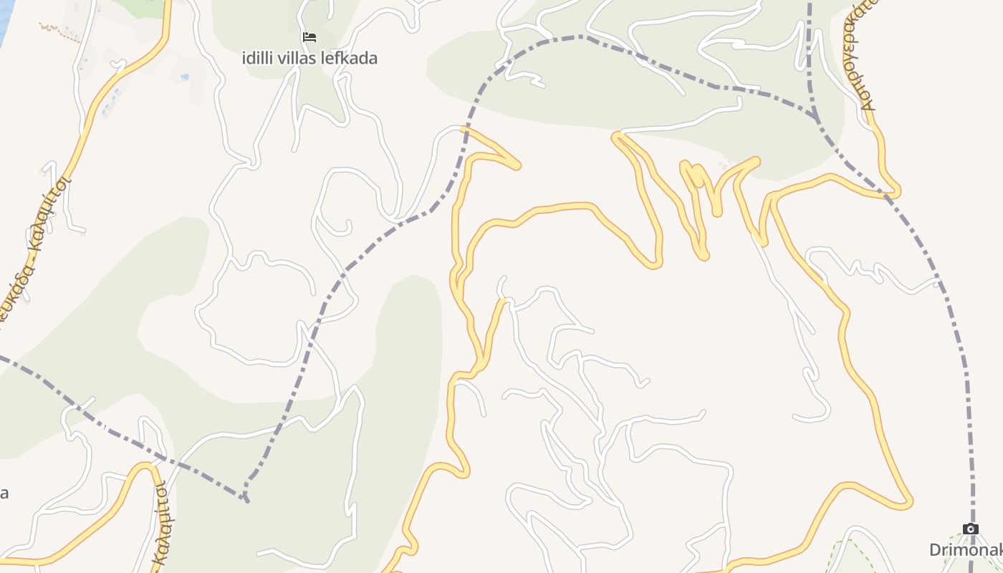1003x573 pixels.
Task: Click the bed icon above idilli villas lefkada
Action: coord(309,37)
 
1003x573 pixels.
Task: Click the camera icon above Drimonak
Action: coord(971,529)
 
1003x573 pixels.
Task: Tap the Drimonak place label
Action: coord(965,550)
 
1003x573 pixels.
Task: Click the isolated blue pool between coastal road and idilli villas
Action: coord(185,76)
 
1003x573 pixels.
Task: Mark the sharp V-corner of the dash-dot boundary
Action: coord(246,498)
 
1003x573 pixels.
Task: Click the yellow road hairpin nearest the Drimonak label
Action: coord(908,503)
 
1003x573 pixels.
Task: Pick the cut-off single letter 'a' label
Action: coord(4,493)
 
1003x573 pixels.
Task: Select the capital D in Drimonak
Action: coord(935,550)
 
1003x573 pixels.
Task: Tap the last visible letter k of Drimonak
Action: coord(997,550)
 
